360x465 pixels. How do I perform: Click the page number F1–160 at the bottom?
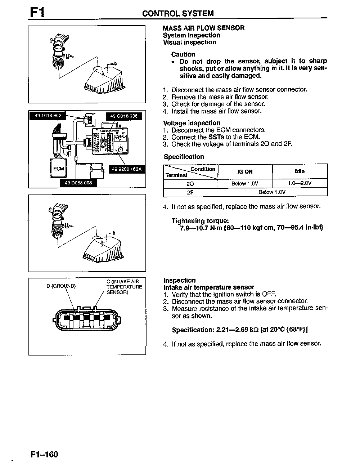coord(44,454)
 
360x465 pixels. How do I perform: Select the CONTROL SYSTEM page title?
coord(178,14)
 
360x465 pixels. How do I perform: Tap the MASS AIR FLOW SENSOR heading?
coord(203,28)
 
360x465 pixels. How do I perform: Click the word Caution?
coord(183,54)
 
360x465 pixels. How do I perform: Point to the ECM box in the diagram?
coord(58,169)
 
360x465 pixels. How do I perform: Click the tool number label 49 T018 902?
coord(48,116)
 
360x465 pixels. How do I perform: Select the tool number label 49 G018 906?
coord(123,116)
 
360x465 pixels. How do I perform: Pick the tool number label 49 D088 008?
coord(78,183)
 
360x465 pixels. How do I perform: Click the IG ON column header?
coord(245,172)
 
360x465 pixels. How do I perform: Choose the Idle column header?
coord(300,171)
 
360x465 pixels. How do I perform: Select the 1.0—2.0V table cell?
coord(300,183)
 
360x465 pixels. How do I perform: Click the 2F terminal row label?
coord(190,192)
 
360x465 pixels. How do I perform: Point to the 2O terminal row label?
coord(190,184)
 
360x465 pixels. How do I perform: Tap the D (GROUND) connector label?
coord(61,286)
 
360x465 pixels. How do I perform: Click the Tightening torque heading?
coord(200,221)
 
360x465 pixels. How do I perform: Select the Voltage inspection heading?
coord(192,123)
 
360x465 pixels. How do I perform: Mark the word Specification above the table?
coord(184,157)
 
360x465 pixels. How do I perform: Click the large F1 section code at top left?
coord(37,12)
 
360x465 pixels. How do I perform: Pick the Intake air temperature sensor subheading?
coord(209,287)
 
